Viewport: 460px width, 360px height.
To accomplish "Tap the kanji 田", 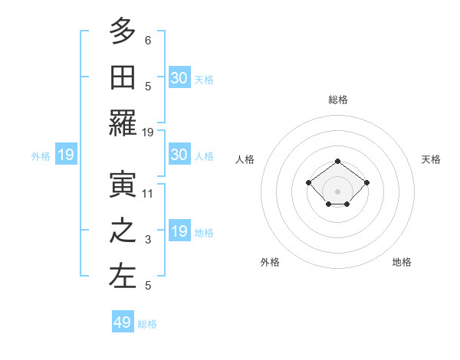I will [123, 77].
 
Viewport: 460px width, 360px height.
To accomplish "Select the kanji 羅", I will [123, 123].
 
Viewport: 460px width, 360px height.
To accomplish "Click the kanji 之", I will [123, 231].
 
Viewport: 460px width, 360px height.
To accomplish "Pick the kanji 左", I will [123, 277].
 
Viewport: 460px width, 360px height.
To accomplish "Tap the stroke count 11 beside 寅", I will [148, 194].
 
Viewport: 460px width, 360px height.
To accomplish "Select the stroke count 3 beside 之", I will [148, 241].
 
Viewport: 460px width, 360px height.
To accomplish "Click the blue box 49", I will [123, 322].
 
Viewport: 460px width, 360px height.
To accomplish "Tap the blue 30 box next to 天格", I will [179, 77].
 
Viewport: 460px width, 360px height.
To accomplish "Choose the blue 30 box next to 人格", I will [179, 155].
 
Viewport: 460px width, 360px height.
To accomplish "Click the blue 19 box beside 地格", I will [179, 231].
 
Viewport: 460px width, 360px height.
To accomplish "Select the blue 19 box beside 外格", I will [66, 155].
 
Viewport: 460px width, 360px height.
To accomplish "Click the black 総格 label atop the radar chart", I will [338, 100].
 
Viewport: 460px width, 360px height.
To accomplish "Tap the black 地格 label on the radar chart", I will [402, 262].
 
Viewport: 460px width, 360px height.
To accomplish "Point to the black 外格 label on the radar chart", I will [270, 262].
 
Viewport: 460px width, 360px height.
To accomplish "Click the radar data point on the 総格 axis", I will [338, 161].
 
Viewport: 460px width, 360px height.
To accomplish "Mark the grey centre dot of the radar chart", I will [338, 191].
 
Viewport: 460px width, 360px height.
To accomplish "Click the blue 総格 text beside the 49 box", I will [147, 324].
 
